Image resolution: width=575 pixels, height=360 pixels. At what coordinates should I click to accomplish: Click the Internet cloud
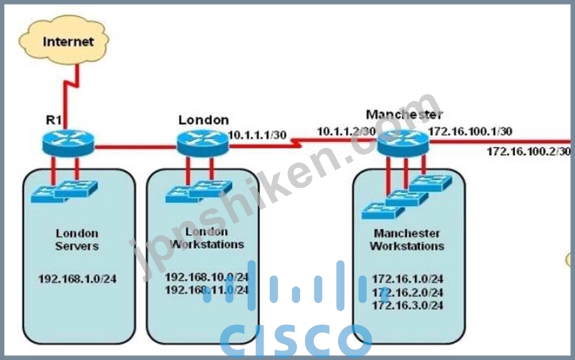[x=64, y=40]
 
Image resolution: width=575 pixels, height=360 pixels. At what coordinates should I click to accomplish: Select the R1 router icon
[x=68, y=143]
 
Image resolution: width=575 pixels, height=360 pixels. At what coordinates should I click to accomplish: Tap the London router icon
[x=203, y=143]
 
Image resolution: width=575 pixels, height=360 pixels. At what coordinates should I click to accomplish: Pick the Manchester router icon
[x=403, y=143]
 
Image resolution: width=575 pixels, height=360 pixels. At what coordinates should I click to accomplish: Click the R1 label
[x=54, y=120]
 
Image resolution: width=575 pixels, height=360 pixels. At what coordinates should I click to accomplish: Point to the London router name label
[x=203, y=120]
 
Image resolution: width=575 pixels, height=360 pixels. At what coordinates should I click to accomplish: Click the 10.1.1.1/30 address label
[x=258, y=135]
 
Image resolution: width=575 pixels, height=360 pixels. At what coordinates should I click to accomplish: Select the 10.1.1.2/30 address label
[x=346, y=132]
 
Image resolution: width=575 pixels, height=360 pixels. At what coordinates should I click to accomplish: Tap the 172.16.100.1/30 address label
[x=470, y=132]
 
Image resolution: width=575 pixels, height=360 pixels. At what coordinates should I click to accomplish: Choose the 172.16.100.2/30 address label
[x=528, y=151]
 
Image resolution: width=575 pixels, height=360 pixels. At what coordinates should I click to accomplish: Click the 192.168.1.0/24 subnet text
[x=77, y=279]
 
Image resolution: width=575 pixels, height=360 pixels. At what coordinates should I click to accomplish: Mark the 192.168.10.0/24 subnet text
[x=207, y=277]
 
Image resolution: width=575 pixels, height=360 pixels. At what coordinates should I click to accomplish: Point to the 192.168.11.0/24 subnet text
[x=207, y=290]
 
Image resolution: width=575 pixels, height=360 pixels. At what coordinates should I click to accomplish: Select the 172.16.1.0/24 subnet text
[x=407, y=279]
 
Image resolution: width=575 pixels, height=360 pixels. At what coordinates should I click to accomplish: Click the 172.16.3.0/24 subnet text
[x=407, y=305]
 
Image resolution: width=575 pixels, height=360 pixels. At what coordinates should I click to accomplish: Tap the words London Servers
[x=77, y=239]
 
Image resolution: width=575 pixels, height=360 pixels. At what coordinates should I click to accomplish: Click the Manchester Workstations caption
[x=407, y=239]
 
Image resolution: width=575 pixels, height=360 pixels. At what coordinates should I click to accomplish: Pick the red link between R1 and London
[x=135, y=147]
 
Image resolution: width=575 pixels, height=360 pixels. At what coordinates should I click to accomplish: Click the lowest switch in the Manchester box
[x=383, y=211]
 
